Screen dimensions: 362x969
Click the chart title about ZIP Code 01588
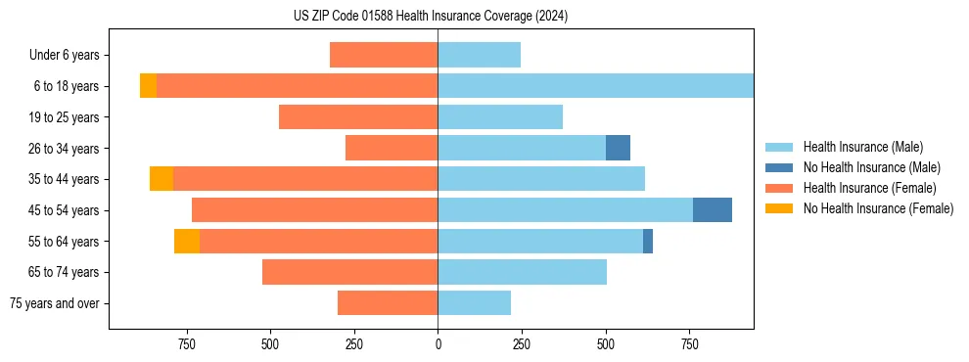click(x=431, y=16)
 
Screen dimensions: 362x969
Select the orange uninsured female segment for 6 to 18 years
click(x=148, y=86)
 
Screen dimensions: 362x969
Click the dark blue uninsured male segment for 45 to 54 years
click(x=713, y=210)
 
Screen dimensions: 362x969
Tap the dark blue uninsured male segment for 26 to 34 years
click(x=618, y=148)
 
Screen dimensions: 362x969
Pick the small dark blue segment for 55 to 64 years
click(x=648, y=241)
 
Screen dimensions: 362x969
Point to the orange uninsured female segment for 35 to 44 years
click(x=161, y=179)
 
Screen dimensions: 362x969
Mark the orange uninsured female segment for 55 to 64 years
click(x=187, y=241)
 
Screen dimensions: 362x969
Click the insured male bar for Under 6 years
click(x=479, y=55)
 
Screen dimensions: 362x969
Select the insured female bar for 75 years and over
click(x=388, y=303)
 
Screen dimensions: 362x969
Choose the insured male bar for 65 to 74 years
click(x=522, y=272)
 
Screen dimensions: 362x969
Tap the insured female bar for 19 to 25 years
click(x=358, y=117)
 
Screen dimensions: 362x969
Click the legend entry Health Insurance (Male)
click(x=862, y=147)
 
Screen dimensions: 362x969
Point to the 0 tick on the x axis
click(x=438, y=344)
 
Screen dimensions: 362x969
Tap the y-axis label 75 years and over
click(x=55, y=303)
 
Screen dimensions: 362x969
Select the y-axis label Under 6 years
click(x=65, y=56)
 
